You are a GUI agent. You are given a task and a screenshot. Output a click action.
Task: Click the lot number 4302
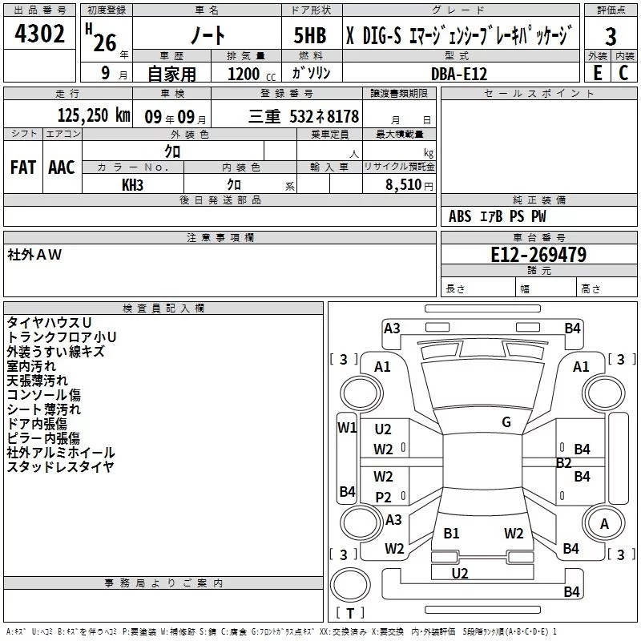(x=40, y=34)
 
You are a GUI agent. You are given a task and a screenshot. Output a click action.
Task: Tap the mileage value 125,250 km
(x=94, y=115)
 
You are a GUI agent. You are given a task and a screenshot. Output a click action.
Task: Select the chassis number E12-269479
(x=538, y=256)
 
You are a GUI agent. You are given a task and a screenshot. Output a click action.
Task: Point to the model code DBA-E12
(x=458, y=72)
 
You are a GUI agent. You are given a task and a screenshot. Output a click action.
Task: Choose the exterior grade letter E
(x=597, y=72)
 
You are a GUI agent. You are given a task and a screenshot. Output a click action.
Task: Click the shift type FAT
(x=23, y=167)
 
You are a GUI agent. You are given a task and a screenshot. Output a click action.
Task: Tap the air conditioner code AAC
(x=62, y=167)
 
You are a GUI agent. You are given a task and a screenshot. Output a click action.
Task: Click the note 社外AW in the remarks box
(x=34, y=255)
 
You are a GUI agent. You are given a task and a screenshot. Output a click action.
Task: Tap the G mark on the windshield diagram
(x=506, y=421)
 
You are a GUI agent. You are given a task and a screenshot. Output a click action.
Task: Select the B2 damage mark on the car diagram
(x=563, y=463)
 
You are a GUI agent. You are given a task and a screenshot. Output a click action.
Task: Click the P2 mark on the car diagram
(x=384, y=498)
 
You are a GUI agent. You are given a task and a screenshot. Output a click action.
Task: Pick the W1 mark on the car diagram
(x=347, y=427)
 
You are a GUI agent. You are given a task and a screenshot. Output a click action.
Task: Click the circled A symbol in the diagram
(x=604, y=524)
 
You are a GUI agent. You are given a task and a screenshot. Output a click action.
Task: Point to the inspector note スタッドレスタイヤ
(x=60, y=467)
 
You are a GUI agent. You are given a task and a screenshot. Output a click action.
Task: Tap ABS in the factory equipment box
(x=460, y=216)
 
